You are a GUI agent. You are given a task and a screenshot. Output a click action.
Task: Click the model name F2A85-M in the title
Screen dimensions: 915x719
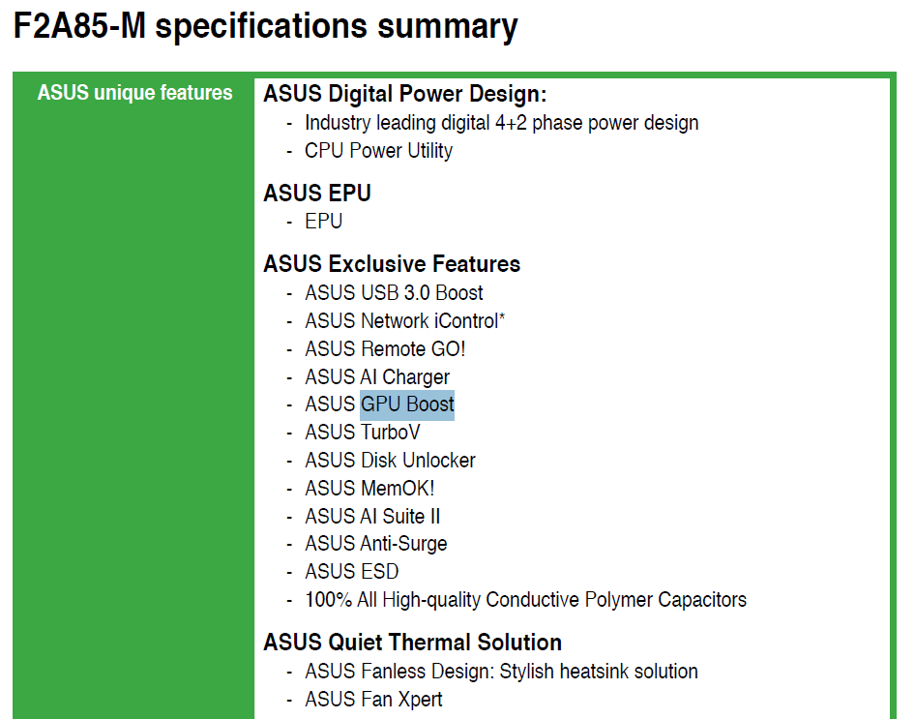click(79, 26)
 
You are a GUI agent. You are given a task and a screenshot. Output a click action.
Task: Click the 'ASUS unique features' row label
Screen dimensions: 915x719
click(134, 93)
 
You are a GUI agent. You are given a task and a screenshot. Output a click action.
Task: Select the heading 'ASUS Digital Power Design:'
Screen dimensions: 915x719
click(405, 94)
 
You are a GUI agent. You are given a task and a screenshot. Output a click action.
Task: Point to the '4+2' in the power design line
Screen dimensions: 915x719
click(511, 123)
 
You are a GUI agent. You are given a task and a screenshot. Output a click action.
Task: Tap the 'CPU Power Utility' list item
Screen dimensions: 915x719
click(379, 151)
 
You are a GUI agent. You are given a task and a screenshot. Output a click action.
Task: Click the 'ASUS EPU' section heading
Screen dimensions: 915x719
click(317, 194)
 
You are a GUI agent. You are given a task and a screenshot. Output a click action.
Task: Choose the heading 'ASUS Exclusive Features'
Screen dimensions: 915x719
click(392, 264)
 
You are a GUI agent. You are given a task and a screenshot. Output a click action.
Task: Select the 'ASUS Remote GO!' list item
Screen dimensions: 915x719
click(385, 349)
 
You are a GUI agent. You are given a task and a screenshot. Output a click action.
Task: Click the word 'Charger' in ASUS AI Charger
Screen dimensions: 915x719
click(416, 377)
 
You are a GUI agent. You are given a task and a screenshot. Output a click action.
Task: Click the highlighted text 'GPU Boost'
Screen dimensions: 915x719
click(407, 404)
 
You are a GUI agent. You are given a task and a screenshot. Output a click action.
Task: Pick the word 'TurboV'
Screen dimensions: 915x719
click(391, 433)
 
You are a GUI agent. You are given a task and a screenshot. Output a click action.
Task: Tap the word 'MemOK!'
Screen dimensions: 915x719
click(398, 488)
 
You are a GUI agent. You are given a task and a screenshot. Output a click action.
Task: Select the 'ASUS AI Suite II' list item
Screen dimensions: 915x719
click(372, 517)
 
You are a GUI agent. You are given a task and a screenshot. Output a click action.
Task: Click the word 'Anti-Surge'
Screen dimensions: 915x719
click(403, 544)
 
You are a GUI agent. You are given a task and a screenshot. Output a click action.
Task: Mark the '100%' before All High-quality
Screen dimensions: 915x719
click(329, 600)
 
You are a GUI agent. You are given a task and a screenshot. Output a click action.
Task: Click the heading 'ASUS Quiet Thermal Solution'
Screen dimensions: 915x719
click(413, 643)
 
